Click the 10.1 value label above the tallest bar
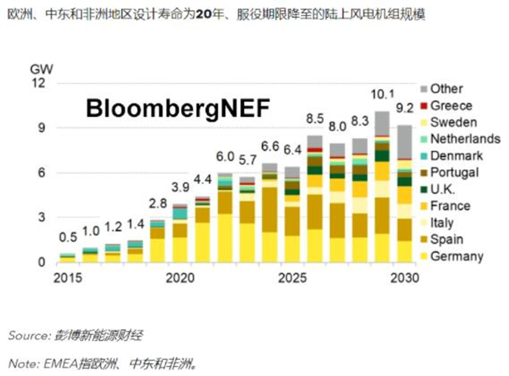click(x=382, y=94)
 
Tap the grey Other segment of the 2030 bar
click(x=405, y=142)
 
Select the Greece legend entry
click(x=446, y=106)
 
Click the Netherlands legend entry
click(x=460, y=139)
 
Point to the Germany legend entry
click(x=452, y=256)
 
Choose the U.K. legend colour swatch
click(x=424, y=189)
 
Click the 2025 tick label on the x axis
click(x=292, y=278)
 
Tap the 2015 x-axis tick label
click(x=67, y=278)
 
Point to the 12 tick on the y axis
click(x=38, y=83)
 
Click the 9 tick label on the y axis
click(x=41, y=128)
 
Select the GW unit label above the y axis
click(x=41, y=69)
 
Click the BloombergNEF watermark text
click(x=178, y=109)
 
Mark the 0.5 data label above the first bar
click(x=68, y=237)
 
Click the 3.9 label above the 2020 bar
click(x=180, y=187)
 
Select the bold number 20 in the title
click(x=203, y=14)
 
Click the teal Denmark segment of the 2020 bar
click(x=180, y=214)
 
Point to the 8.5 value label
click(x=315, y=119)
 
